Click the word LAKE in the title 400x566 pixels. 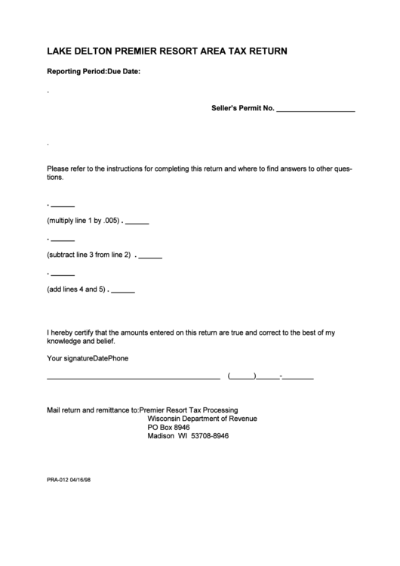pyautogui.click(x=60, y=52)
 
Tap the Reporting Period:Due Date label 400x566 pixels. pyautogui.click(x=94, y=72)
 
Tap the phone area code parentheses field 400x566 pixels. pyautogui.click(x=242, y=376)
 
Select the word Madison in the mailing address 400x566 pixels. pyautogui.click(x=162, y=436)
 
